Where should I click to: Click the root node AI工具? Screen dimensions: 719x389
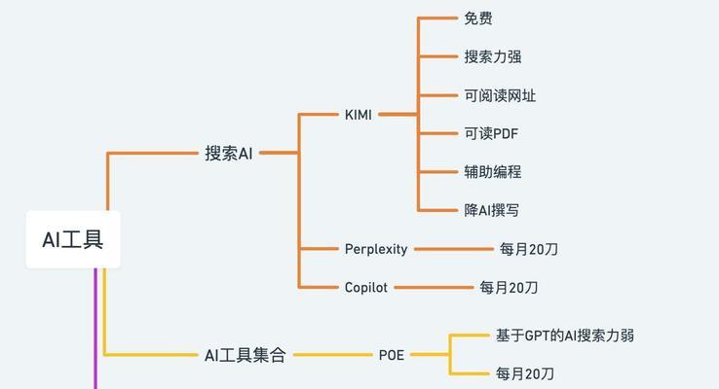[73, 239]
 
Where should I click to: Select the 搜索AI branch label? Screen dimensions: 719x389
[228, 153]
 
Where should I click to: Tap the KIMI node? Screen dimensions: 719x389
[359, 115]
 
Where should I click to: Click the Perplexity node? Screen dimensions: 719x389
[376, 249]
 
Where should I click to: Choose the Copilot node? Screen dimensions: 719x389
[366, 288]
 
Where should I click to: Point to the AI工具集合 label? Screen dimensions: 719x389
[245, 355]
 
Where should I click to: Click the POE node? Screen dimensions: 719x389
[391, 355]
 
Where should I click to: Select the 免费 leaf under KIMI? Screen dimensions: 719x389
[478, 18]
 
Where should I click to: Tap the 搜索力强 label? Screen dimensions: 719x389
[492, 56]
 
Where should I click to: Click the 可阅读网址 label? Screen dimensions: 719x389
[500, 95]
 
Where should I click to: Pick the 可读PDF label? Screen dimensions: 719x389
[491, 133]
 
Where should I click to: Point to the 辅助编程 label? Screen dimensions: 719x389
[492, 172]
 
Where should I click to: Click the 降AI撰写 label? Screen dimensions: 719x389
[492, 210]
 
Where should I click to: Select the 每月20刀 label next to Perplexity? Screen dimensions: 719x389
[529, 249]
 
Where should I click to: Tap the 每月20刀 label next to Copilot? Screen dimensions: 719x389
[509, 288]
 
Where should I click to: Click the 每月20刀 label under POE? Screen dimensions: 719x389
[524, 373]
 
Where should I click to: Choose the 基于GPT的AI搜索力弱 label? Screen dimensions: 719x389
[565, 336]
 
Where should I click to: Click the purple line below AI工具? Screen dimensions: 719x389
[95, 329]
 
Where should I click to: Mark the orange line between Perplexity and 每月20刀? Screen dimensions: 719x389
[454, 249]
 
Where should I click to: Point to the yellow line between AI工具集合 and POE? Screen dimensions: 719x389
[333, 355]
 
